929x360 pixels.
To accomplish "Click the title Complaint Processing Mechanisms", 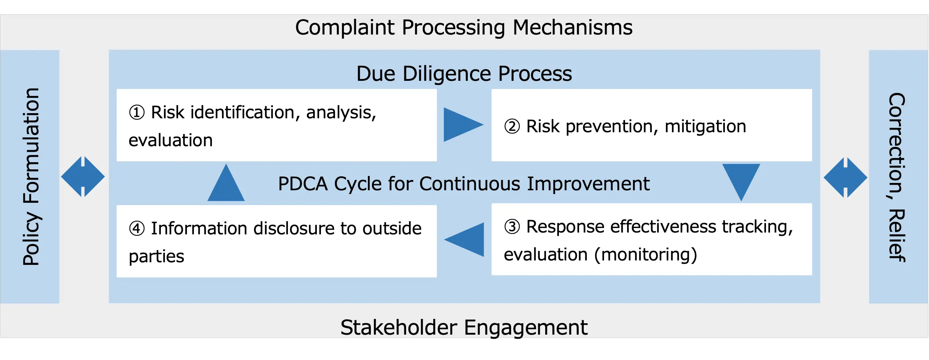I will (464, 28).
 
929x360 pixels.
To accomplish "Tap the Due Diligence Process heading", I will (464, 74).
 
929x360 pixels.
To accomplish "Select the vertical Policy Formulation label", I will (31, 176).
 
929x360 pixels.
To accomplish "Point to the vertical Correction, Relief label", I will (897, 177).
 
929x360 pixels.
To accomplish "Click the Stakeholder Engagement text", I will (464, 327).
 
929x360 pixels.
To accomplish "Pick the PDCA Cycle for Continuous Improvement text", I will (464, 184).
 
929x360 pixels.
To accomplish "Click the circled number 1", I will (137, 112).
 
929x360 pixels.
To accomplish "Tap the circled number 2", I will (512, 127).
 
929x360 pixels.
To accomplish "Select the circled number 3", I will (512, 227).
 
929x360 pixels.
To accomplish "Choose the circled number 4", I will (137, 228).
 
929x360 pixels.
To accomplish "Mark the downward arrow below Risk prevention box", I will (741, 180).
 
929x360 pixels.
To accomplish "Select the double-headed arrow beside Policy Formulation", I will (83, 177).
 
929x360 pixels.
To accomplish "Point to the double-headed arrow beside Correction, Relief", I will (845, 178).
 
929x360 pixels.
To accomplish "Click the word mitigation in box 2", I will (705, 127).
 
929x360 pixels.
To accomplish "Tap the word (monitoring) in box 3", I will (646, 255).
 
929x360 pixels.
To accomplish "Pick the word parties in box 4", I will (156, 256).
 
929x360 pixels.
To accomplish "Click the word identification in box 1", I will (243, 112).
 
